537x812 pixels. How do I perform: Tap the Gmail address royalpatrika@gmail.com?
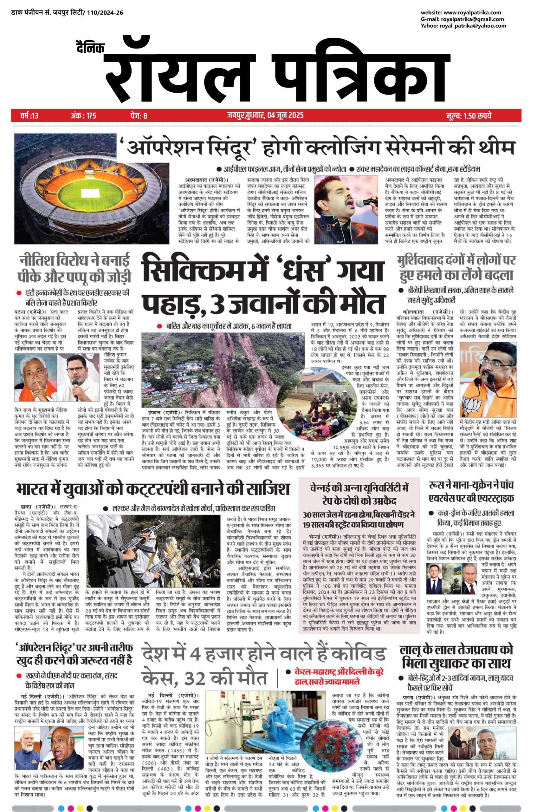pyautogui.click(x=472, y=19)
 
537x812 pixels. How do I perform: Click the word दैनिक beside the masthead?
pyautogui.click(x=90, y=48)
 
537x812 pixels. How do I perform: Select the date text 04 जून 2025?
pyautogui.click(x=284, y=115)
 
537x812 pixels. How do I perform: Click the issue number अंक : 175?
pyautogui.click(x=83, y=116)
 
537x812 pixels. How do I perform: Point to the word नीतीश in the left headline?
pyautogui.click(x=35, y=261)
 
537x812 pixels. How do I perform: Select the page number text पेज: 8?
pyautogui.click(x=139, y=116)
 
